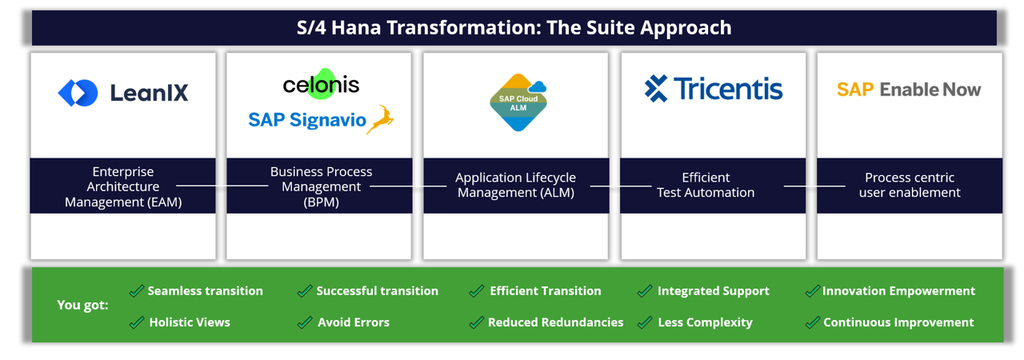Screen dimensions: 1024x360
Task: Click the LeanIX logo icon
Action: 78,93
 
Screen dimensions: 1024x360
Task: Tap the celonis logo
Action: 321,84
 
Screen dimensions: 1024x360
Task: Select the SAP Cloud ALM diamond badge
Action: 518,102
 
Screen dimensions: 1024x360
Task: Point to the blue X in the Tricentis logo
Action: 656,89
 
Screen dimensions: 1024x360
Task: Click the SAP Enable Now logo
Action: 909,90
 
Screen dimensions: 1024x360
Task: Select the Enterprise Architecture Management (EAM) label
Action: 123,186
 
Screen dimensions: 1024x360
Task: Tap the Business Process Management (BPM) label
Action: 321,186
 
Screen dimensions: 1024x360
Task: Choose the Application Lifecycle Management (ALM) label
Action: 515,185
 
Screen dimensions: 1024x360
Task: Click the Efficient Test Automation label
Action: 706,185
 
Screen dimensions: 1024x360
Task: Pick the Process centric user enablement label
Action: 910,185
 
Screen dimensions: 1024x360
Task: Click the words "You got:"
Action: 82,305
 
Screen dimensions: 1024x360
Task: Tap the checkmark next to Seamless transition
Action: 137,291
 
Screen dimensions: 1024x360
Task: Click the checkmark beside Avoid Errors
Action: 305,322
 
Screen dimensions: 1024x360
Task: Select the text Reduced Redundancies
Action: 555,322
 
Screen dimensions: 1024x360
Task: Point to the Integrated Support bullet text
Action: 713,291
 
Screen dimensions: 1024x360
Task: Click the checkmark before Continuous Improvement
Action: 813,322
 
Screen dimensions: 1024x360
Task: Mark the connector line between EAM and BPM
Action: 222,186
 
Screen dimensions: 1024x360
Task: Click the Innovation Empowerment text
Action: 898,291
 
